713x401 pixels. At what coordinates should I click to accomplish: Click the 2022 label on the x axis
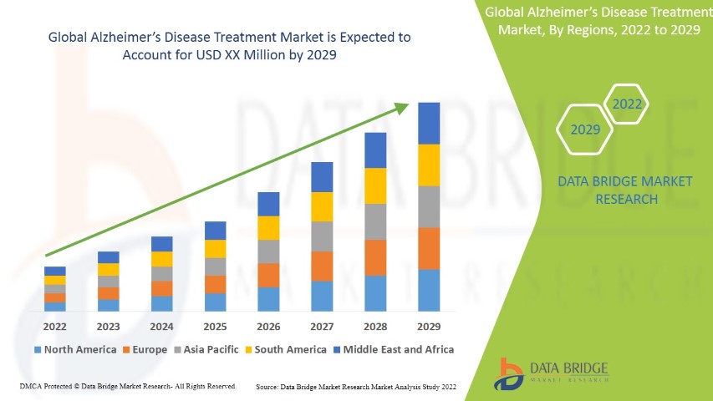pos(54,327)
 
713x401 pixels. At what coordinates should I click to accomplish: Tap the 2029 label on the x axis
pos(429,327)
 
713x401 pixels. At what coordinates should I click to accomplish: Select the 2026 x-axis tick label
pos(268,327)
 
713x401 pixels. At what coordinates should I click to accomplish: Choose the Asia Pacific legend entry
pos(206,349)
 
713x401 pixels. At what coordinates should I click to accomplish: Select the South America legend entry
pos(285,349)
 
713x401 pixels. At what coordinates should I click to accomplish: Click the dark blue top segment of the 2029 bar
pos(429,123)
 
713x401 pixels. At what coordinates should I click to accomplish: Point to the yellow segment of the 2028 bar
pos(375,185)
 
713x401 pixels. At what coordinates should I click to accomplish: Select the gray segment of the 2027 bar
pos(322,236)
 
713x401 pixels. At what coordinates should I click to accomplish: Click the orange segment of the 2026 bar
pos(268,275)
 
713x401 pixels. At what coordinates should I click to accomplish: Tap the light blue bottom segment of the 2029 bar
pos(429,290)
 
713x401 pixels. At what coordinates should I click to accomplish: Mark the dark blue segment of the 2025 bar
pos(215,231)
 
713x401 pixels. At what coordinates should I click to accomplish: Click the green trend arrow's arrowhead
pos(403,107)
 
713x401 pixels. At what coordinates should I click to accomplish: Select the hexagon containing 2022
pos(627,104)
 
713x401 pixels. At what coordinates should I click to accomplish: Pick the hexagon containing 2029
pos(585,130)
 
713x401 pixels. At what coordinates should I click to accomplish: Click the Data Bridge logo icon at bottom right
pos(508,373)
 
